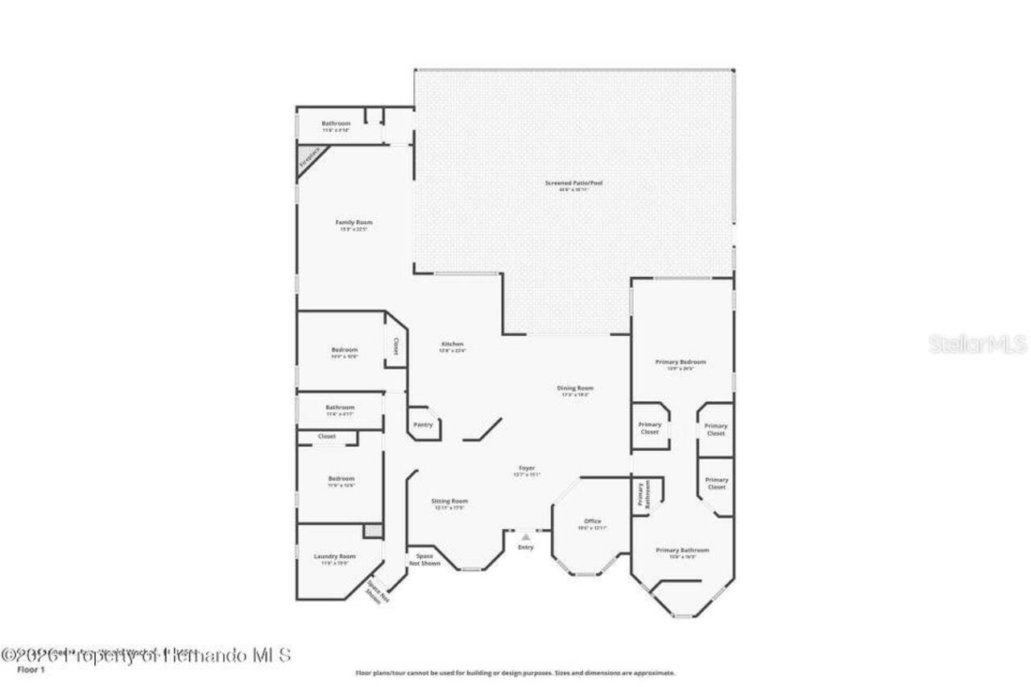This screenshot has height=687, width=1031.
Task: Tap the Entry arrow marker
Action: click(525, 536)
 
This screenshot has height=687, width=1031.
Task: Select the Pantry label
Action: click(423, 424)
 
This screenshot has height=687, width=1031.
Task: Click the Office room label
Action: click(592, 522)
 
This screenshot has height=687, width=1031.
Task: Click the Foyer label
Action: click(527, 469)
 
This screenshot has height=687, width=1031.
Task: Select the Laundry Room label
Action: click(334, 557)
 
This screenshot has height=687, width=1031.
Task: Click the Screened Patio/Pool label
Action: click(573, 184)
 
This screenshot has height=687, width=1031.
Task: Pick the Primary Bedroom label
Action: click(681, 362)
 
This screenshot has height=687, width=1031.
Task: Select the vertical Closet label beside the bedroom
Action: click(395, 346)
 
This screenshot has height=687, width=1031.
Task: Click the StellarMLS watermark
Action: click(977, 345)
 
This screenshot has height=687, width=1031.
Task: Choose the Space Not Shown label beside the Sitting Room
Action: click(424, 560)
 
